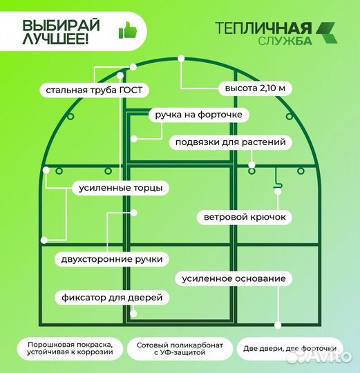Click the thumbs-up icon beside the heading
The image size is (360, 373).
[127, 30]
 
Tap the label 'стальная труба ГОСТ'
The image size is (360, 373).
[97, 90]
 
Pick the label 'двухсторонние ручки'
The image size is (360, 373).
[113, 259]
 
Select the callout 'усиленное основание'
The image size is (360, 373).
[234, 278]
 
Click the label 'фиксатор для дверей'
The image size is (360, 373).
[111, 298]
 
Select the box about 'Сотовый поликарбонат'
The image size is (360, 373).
[180, 348]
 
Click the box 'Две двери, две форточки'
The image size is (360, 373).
[290, 348]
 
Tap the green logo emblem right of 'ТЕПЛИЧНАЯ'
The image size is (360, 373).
[328, 32]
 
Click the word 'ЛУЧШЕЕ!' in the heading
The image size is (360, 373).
[56, 39]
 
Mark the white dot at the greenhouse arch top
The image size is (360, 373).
[180, 59]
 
